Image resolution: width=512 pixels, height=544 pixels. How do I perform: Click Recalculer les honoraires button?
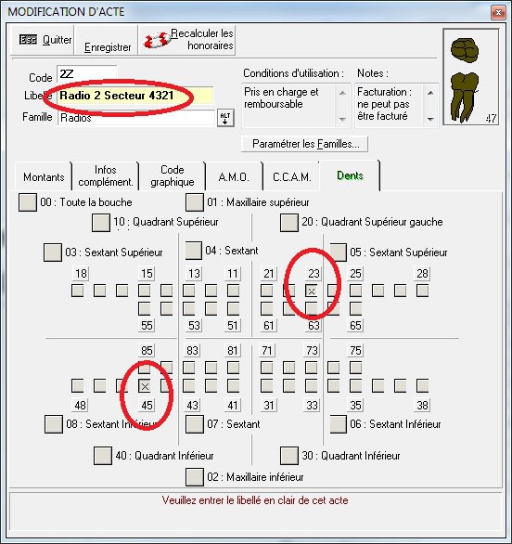pyautogui.click(x=186, y=40)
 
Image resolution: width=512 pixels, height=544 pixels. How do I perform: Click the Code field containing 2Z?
pyautogui.click(x=86, y=73)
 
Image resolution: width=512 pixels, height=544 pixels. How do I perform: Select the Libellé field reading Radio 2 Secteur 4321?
pyautogui.click(x=135, y=96)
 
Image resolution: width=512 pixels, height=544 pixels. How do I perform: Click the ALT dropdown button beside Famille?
pyautogui.click(x=225, y=118)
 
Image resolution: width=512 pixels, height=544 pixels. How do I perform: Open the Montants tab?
pyautogui.click(x=44, y=177)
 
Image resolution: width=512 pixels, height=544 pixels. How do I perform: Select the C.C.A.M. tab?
pyautogui.click(x=291, y=177)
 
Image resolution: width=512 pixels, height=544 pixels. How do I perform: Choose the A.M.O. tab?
pyautogui.click(x=234, y=177)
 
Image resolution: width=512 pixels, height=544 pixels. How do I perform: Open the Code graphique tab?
pyautogui.click(x=173, y=175)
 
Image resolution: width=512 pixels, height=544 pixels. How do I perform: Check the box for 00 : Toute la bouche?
pyautogui.click(x=28, y=202)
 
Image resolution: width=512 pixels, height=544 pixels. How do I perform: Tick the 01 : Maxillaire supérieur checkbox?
pyautogui.click(x=195, y=202)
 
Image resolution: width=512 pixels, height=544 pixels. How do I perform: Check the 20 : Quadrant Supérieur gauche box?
pyautogui.click(x=289, y=223)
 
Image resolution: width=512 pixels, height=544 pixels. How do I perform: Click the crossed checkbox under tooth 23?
pyautogui.click(x=312, y=291)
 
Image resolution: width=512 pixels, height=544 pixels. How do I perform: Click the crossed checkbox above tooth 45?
pyautogui.click(x=145, y=386)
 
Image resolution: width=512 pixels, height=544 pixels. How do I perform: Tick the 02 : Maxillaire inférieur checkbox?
pyautogui.click(x=195, y=477)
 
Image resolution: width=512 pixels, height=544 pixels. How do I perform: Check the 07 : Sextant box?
pyautogui.click(x=195, y=424)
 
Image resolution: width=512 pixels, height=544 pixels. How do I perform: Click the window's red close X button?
pyautogui.click(x=498, y=12)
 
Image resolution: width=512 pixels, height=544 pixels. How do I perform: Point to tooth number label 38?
pyautogui.click(x=422, y=405)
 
